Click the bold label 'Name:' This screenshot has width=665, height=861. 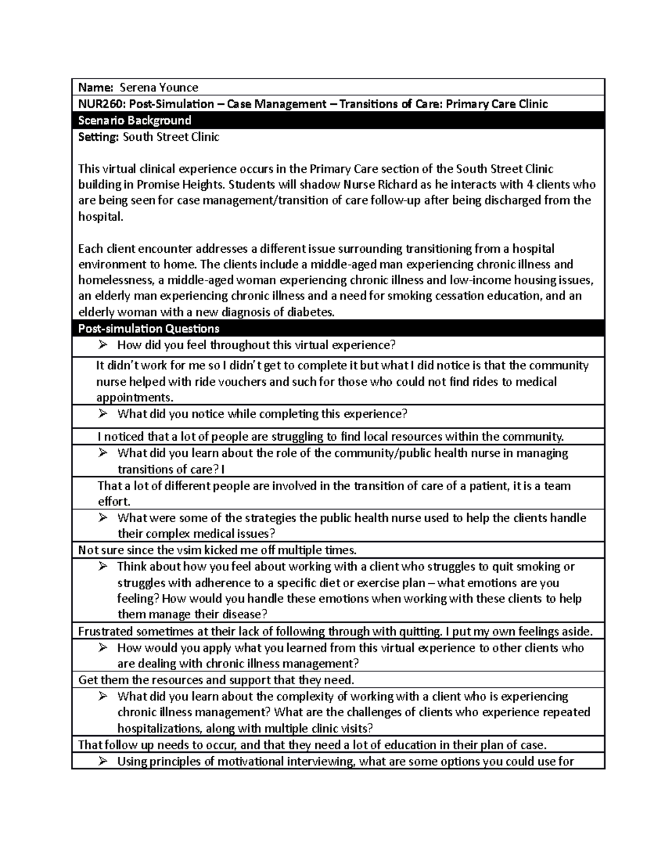(x=96, y=88)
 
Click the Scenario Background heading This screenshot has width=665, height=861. (x=135, y=120)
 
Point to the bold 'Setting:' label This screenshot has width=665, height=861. (x=98, y=137)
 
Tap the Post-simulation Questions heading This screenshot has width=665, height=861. (x=149, y=329)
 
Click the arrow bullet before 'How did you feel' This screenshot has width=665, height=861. (x=103, y=345)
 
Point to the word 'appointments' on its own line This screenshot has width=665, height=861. (x=134, y=398)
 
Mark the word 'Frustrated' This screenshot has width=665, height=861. (x=106, y=631)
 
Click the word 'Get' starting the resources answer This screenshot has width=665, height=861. (x=88, y=680)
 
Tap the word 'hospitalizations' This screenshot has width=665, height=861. (x=160, y=728)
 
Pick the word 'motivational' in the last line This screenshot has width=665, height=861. (x=250, y=761)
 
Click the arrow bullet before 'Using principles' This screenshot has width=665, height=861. (x=103, y=761)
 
